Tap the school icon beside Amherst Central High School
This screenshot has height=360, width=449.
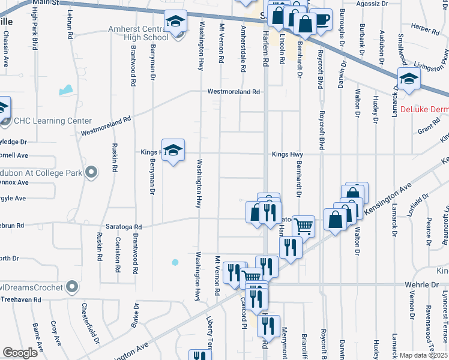coord(176,22)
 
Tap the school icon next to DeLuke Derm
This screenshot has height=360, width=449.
coord(409,79)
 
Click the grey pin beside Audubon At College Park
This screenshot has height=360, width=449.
coord(91,173)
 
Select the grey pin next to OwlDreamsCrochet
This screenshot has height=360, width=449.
coord(72,287)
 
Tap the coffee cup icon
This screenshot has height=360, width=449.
coord(321,19)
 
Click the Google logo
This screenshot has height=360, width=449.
coord(20,353)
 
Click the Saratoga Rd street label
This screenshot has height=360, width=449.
coord(124,227)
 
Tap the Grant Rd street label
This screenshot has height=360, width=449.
coord(429,129)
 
